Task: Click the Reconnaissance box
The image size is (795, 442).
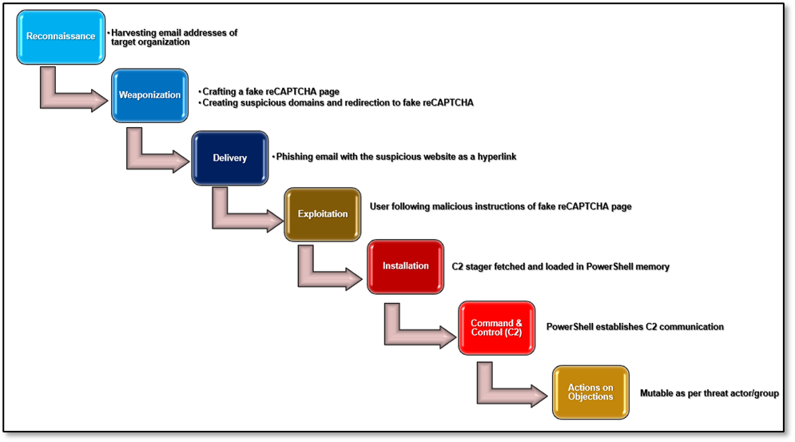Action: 61,37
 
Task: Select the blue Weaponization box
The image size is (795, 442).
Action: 149,95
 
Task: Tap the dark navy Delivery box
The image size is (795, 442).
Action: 229,157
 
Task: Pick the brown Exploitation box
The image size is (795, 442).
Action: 323,214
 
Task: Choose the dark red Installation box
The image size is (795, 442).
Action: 405,266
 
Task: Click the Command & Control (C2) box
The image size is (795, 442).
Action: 496,328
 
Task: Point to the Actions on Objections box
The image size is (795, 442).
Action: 590,392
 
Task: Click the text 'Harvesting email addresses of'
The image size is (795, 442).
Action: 174,34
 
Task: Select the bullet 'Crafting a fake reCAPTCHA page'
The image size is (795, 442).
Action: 271,92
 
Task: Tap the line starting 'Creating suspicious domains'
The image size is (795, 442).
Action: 337,102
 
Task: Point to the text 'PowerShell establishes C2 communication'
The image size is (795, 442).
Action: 634,327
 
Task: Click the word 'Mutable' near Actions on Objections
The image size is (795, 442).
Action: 656,393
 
